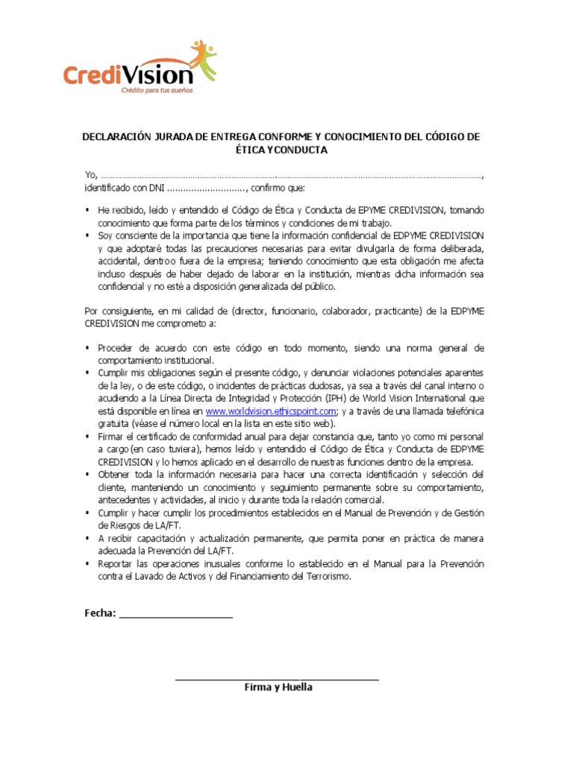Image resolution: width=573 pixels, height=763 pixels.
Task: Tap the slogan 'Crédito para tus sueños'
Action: pos(157,90)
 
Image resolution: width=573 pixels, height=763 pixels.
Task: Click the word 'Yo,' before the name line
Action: pos(90,174)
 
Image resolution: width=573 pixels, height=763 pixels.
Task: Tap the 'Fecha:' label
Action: pos(100,613)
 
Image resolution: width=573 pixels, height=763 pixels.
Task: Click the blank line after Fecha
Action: pos(175,615)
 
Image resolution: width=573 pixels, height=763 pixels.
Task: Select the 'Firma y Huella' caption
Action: pos(278,687)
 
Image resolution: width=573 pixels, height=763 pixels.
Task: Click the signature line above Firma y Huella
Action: pos(277,680)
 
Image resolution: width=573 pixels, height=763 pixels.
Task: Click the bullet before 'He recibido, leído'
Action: pos(88,211)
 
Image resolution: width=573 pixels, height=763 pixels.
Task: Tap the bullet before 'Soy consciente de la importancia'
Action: pos(88,235)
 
